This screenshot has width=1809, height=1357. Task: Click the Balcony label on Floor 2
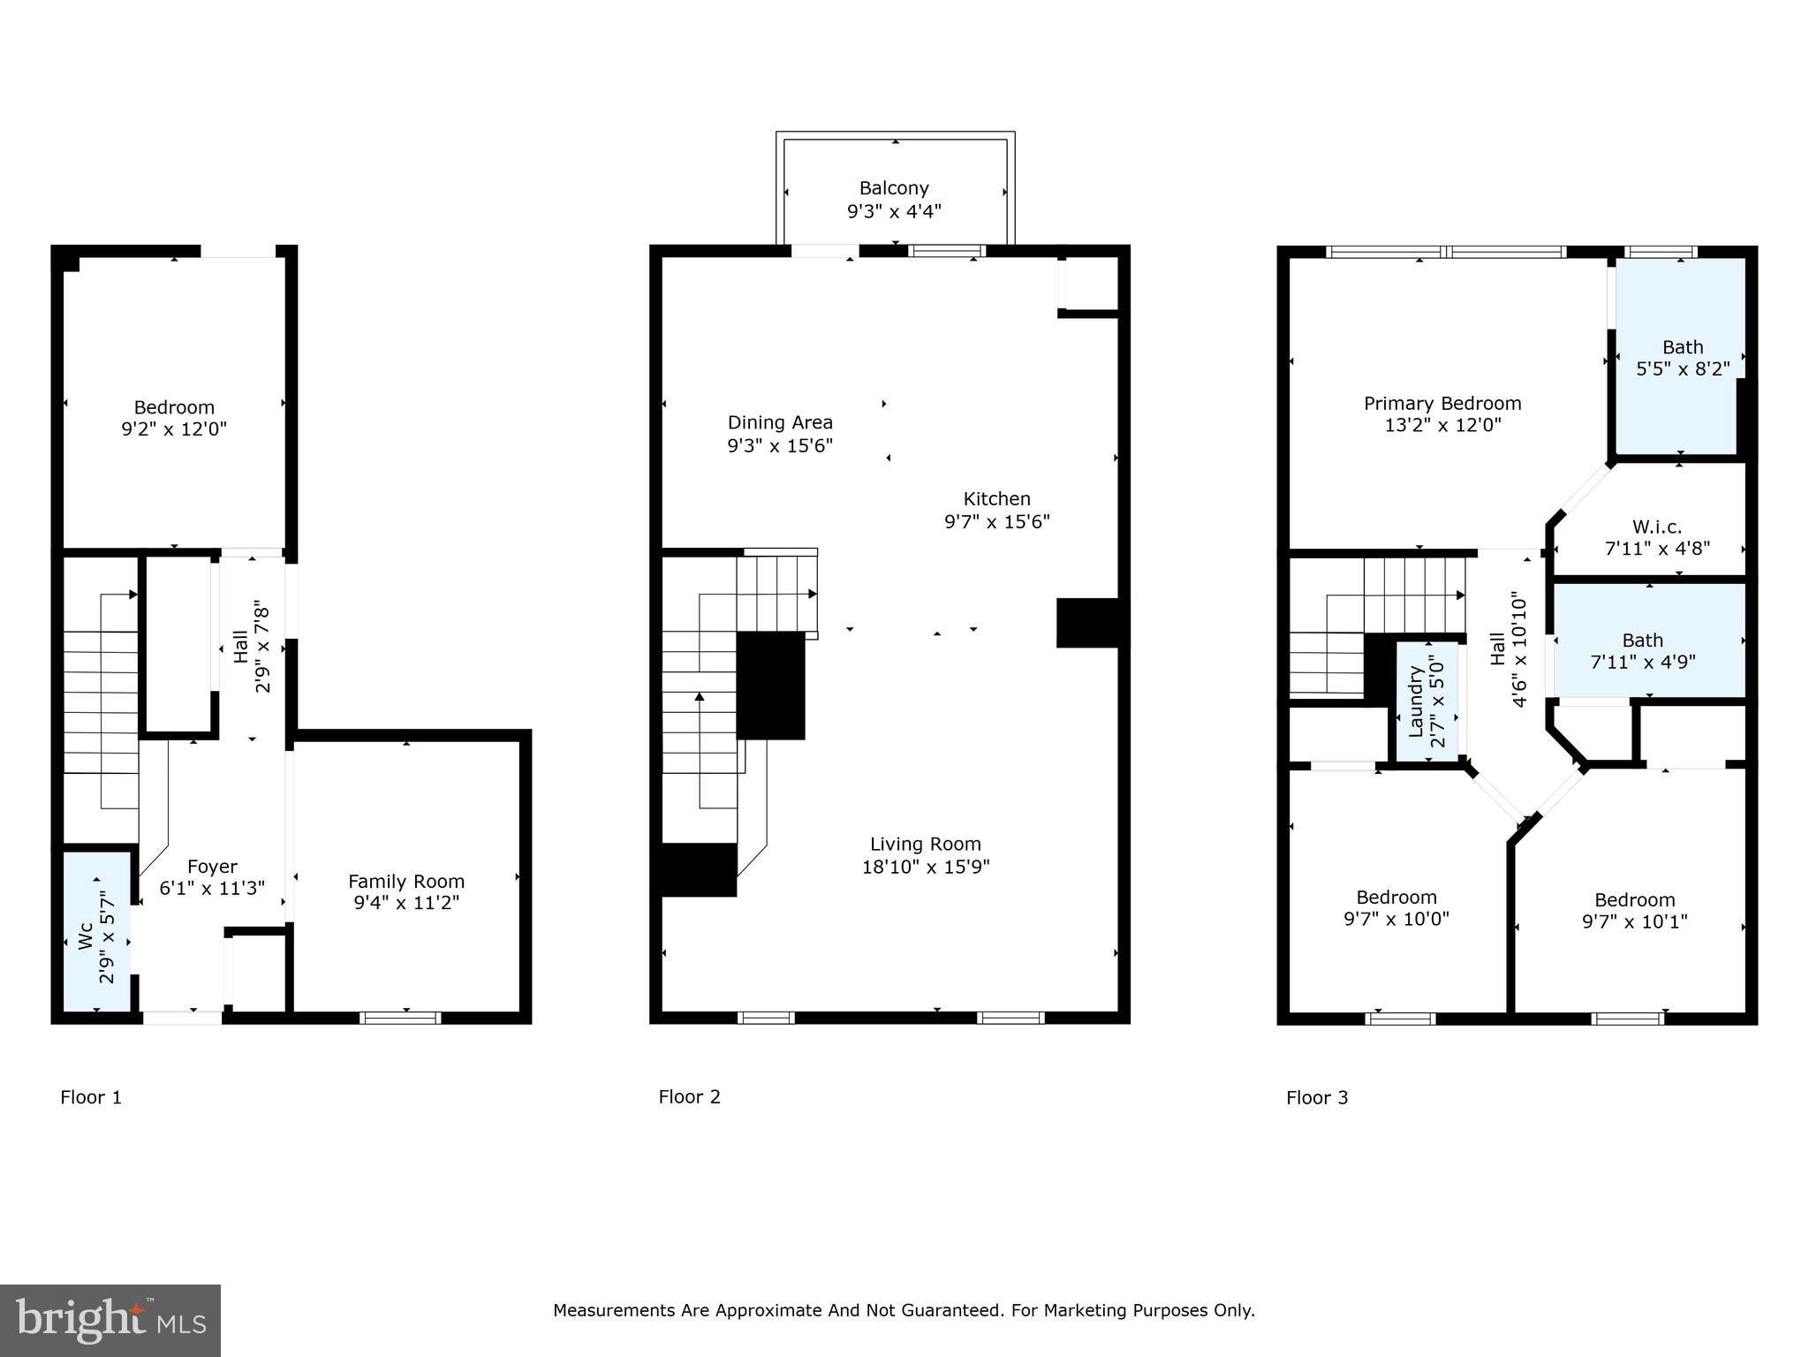(x=894, y=188)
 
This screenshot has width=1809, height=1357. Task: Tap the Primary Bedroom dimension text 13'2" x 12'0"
(x=1442, y=426)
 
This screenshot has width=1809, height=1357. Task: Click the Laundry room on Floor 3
(x=1427, y=701)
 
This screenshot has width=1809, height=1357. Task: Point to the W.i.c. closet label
(x=1656, y=527)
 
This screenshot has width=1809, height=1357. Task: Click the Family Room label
(x=406, y=881)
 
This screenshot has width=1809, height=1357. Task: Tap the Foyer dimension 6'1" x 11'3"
(x=212, y=889)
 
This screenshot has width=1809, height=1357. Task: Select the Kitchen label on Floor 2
(x=996, y=499)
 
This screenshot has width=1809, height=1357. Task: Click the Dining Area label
(x=780, y=423)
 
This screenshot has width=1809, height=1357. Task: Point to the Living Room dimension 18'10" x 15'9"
(x=926, y=868)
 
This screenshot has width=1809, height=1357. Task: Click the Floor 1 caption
(x=91, y=1097)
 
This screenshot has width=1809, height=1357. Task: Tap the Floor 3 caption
(x=1317, y=1097)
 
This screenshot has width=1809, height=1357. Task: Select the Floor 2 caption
(x=689, y=1097)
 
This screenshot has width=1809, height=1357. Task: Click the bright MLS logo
(x=110, y=1320)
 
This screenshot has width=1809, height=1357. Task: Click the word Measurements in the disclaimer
(x=614, y=1310)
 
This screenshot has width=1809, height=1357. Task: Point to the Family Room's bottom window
(x=400, y=1018)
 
